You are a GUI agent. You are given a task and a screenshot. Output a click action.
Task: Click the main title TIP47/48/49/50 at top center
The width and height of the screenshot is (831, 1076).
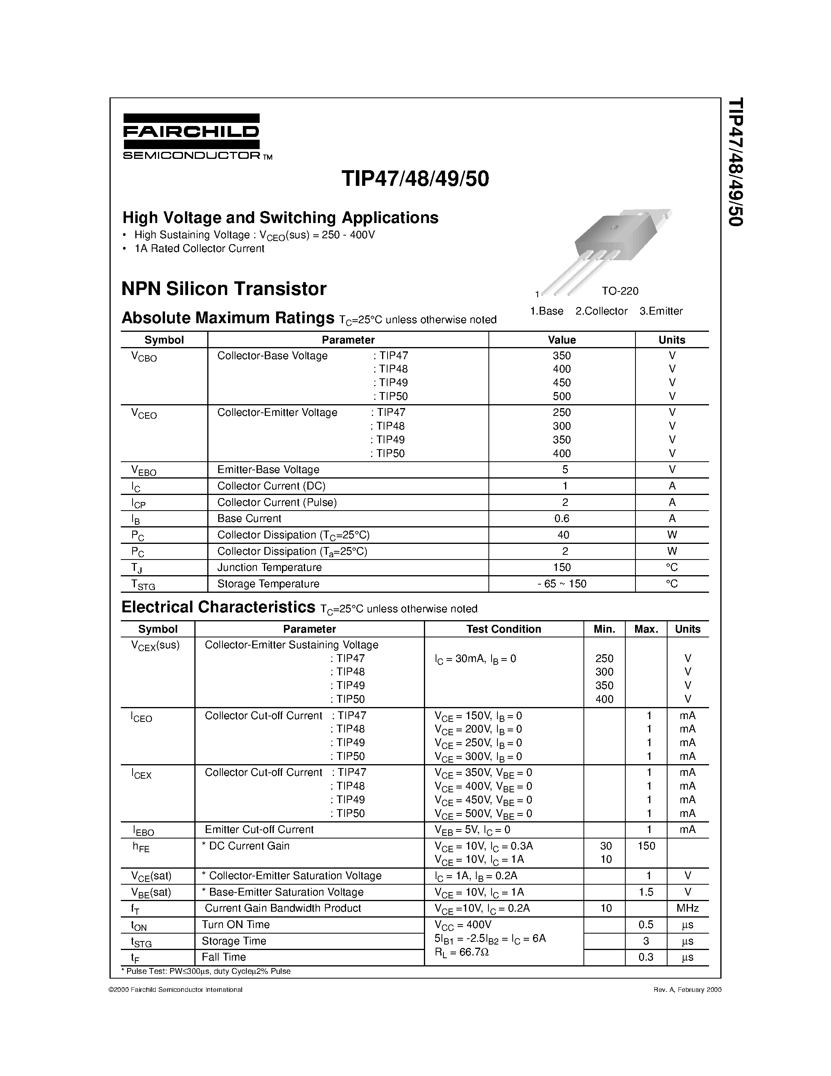coord(415,179)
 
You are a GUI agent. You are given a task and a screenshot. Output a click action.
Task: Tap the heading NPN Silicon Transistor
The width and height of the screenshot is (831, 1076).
coord(224,289)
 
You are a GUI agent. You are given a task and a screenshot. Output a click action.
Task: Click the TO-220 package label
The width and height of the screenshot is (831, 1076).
coord(619,291)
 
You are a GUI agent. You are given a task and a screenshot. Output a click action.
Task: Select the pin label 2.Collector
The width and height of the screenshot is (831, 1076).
coord(601,311)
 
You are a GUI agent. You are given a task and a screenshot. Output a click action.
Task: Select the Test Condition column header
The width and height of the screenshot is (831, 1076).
coord(503,629)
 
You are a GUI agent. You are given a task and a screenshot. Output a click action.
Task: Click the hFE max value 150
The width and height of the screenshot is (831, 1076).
coord(646,846)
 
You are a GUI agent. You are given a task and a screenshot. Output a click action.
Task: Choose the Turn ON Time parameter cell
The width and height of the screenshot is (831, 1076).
coord(236,925)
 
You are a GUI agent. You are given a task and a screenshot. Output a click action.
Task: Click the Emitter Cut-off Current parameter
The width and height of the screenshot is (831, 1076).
coord(259,829)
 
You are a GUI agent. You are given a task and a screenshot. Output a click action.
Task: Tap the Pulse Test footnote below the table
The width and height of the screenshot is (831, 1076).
coord(206,972)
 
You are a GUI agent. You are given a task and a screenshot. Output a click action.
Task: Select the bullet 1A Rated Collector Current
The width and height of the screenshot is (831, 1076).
coord(199,249)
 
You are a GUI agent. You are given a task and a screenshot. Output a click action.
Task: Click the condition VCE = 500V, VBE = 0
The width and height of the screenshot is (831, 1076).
coord(483,814)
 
